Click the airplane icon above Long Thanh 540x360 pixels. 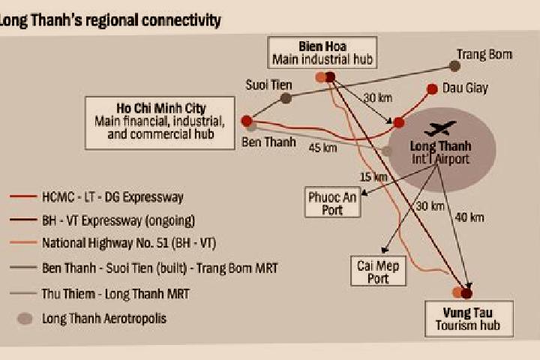(x=439, y=128)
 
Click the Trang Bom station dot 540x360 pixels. (x=454, y=66)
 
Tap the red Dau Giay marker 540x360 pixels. (x=432, y=89)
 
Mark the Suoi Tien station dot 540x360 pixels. (x=286, y=98)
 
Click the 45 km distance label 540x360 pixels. (x=322, y=148)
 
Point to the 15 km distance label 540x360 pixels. (x=373, y=177)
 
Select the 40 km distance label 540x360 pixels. (x=469, y=217)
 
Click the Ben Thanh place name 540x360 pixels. (x=268, y=142)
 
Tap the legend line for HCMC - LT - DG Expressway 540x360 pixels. (x=23, y=196)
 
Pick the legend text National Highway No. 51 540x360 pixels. (x=105, y=243)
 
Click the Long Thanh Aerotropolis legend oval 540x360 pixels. (x=25, y=319)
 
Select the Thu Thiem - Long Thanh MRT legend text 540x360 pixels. (x=115, y=294)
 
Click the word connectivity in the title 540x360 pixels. (x=181, y=20)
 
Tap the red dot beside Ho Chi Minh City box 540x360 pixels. (x=247, y=121)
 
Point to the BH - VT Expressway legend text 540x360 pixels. (x=118, y=220)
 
